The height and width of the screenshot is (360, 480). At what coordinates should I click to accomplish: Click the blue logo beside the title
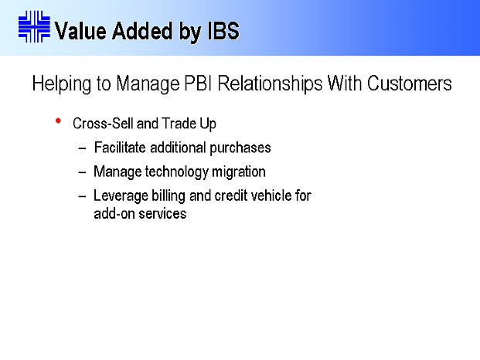[34, 26]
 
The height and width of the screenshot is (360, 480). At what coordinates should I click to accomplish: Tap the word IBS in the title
[223, 31]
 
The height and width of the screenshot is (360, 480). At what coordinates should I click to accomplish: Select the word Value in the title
[80, 31]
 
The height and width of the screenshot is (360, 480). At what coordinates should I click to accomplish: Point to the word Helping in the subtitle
[62, 83]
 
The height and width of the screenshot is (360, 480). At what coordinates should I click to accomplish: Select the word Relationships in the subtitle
[270, 83]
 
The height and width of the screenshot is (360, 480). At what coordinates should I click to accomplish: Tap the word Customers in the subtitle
[410, 83]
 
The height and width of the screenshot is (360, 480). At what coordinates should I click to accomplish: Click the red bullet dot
[58, 121]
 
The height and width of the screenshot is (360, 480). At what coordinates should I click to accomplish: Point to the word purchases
[240, 148]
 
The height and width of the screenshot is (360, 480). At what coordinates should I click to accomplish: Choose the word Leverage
[121, 196]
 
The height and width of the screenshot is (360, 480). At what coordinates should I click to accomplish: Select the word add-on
[114, 213]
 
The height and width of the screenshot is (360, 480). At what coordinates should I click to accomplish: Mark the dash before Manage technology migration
[82, 172]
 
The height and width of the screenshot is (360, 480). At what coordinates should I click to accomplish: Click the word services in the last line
[162, 213]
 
